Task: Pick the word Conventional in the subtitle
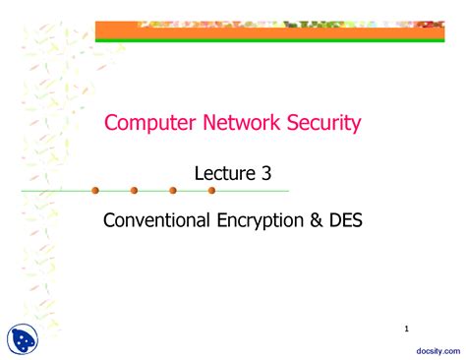pos(156,220)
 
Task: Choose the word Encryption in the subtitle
pos(262,220)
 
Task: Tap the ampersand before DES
pos(320,220)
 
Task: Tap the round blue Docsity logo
pos(24,338)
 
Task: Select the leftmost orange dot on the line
pos(95,190)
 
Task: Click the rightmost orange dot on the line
pos(211,190)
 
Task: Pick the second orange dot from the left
pos(134,190)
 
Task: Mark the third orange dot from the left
pos(173,190)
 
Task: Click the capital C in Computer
pos(111,123)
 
